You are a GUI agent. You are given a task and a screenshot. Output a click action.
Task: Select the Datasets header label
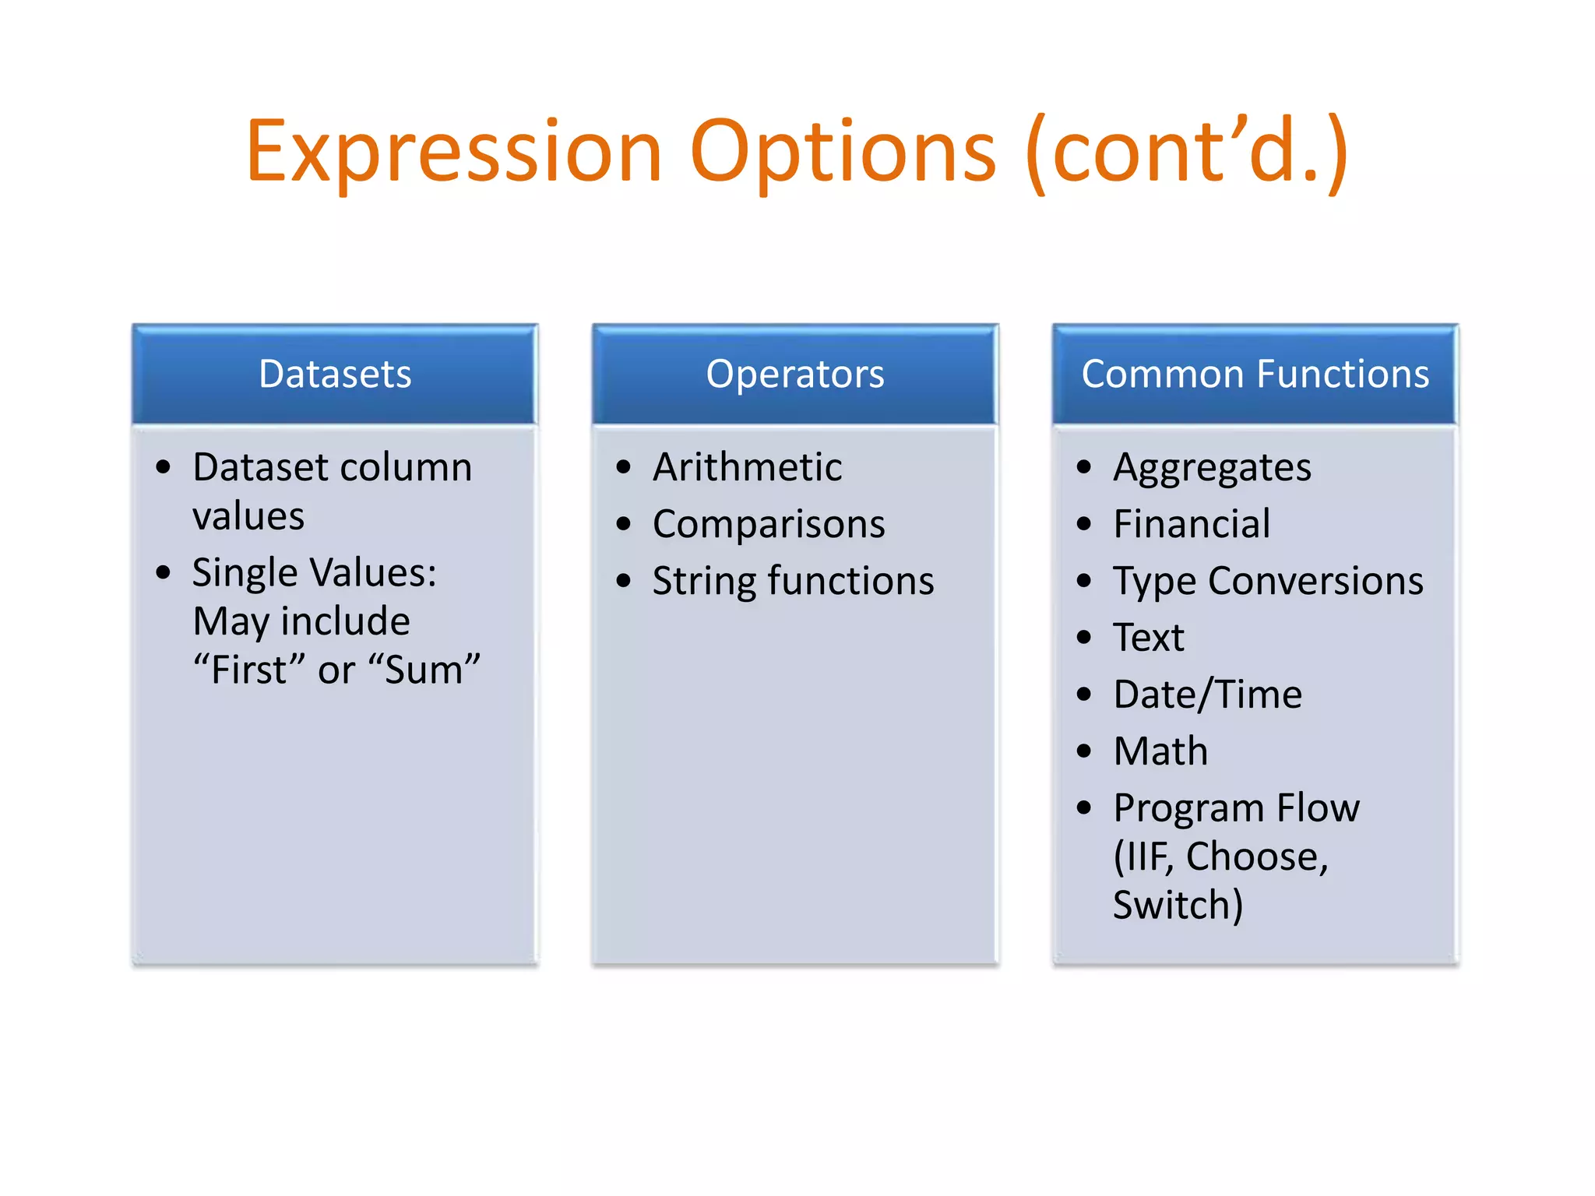point(335,374)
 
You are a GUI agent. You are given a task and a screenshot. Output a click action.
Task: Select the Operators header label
point(795,374)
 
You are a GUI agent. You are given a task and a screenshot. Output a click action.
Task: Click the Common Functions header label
point(1255,374)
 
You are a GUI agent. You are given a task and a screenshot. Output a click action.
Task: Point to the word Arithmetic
point(747,467)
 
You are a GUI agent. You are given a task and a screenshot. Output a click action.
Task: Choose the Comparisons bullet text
point(769,524)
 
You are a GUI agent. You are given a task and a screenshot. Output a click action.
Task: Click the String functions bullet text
point(793,581)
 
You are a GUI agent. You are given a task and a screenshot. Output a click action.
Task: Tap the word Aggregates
point(1212,467)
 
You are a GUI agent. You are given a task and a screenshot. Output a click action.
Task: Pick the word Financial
point(1192,524)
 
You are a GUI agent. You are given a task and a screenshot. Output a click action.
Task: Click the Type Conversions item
point(1268,581)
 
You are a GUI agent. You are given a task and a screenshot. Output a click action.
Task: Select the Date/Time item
point(1207,695)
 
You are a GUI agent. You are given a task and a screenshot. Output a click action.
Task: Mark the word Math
point(1160,751)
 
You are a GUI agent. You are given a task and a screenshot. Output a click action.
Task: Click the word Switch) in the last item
point(1178,906)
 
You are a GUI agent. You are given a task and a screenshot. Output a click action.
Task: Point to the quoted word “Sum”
point(424,670)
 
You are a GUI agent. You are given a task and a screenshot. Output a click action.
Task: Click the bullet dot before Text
point(1084,638)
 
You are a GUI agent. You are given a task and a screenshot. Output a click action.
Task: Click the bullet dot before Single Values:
point(163,573)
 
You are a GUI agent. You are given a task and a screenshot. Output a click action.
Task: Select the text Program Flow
point(1236,808)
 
